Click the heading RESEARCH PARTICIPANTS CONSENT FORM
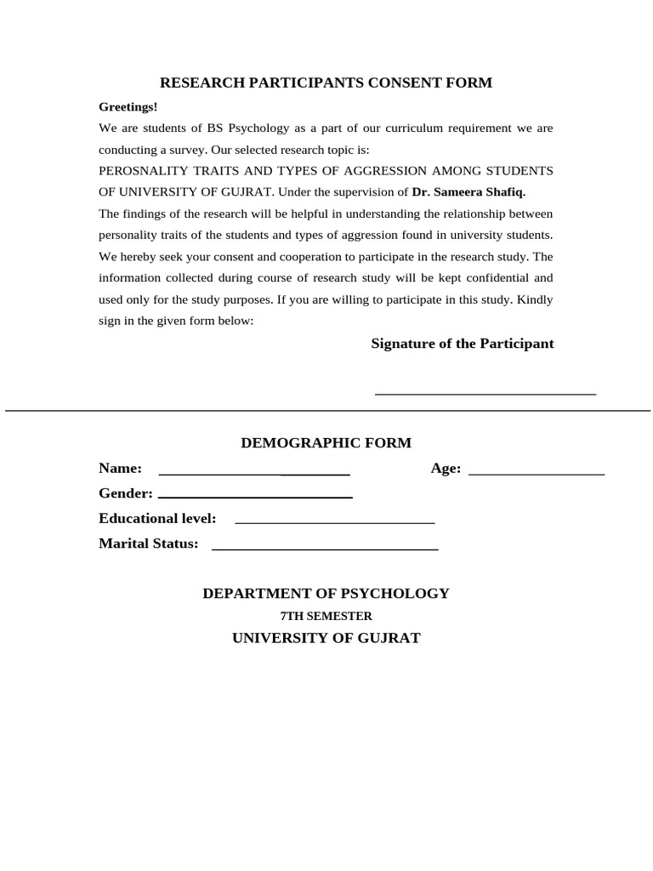coord(326,83)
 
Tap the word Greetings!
coord(128,107)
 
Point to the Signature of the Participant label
coord(462,344)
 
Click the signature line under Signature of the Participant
coord(485,393)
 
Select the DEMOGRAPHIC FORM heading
coord(326,443)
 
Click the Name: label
coord(120,469)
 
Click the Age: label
coord(446,469)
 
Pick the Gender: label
coord(126,493)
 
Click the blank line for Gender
coord(255,496)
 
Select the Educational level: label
coord(157,519)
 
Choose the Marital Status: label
coord(148,544)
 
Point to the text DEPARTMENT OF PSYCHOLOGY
coord(326,594)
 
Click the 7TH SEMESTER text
coord(326,616)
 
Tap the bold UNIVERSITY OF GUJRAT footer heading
coord(326,638)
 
